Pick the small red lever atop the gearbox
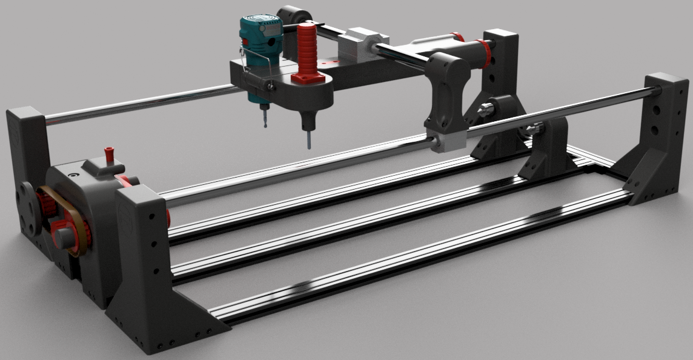click(x=109, y=155)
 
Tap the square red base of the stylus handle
click(x=307, y=78)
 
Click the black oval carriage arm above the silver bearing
click(x=446, y=91)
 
